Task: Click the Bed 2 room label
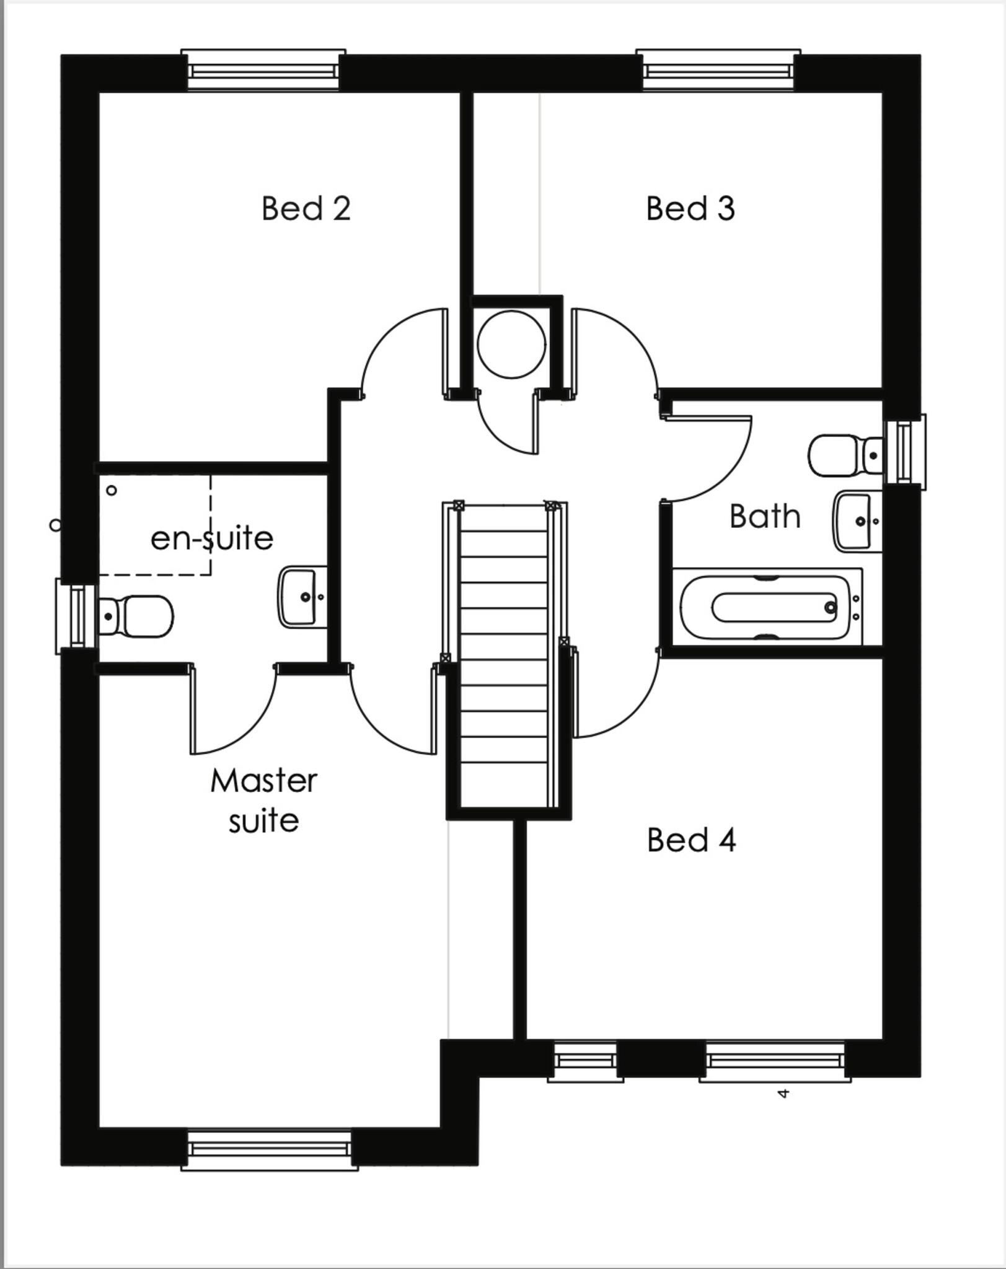(306, 209)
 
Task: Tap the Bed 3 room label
(690, 209)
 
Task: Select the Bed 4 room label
(691, 841)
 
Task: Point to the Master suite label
(263, 801)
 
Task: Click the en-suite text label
(212, 538)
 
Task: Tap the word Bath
(764, 516)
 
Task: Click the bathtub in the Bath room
(767, 607)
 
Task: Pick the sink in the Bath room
(857, 521)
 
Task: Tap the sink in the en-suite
(302, 597)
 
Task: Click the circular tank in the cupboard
(511, 345)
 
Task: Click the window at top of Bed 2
(263, 71)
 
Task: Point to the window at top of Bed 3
(718, 71)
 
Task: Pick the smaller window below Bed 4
(585, 1061)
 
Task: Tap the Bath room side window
(904, 452)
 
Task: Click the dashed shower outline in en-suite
(155, 525)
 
